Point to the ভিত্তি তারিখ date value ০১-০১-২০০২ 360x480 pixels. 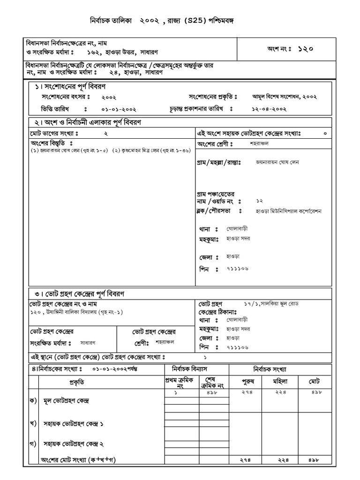pos(119,109)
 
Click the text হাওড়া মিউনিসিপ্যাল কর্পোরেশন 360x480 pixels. pos(285,211)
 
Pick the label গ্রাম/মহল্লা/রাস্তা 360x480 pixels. pos(218,162)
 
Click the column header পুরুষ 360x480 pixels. pos(247,382)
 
